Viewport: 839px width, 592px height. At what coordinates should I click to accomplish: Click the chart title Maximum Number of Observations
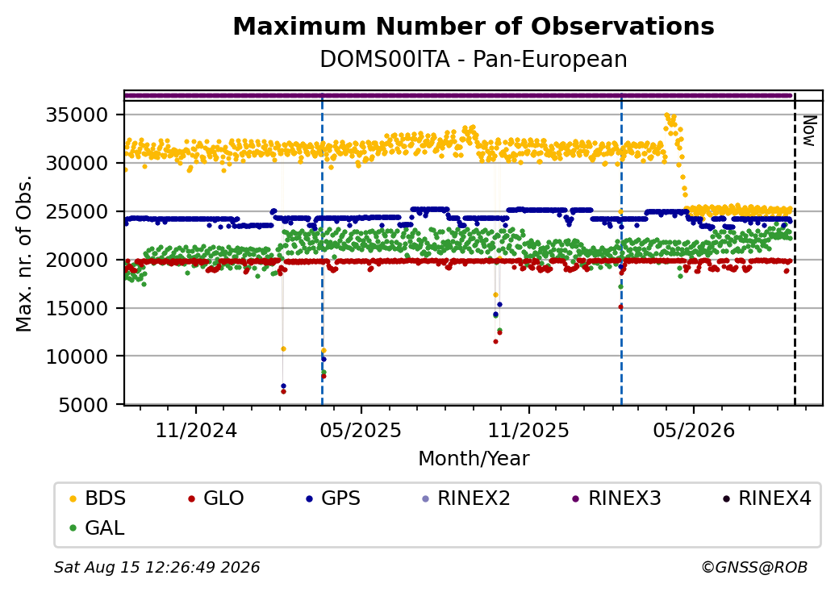[474, 26]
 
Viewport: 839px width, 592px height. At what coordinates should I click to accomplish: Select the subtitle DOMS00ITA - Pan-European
[474, 60]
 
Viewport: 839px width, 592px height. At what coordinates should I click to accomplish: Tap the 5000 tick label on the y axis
[83, 405]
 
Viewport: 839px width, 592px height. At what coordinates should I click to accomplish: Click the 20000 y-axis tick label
[77, 260]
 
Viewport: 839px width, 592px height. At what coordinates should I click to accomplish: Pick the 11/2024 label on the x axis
[196, 430]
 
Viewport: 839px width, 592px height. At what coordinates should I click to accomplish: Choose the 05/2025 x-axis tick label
[361, 430]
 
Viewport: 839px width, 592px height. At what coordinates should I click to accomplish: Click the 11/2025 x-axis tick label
[528, 430]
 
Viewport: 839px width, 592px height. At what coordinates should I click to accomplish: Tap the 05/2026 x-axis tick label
[694, 430]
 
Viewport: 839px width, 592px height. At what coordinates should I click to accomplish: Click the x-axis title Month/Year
[474, 459]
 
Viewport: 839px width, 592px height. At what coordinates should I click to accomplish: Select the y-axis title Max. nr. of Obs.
[24, 253]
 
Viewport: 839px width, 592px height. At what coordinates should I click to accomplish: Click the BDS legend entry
[98, 498]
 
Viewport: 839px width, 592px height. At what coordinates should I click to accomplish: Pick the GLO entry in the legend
[216, 498]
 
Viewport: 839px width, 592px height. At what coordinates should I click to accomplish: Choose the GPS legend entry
[333, 498]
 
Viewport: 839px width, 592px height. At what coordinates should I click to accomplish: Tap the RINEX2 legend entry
[466, 498]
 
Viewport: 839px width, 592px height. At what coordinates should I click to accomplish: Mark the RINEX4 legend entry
[766, 498]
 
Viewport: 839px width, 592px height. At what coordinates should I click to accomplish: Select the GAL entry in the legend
[98, 527]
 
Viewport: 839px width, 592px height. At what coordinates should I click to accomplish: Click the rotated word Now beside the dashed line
[810, 131]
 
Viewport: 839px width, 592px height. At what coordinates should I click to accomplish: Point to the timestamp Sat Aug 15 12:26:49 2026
[157, 567]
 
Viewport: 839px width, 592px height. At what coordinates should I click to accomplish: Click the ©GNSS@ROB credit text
[754, 567]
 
